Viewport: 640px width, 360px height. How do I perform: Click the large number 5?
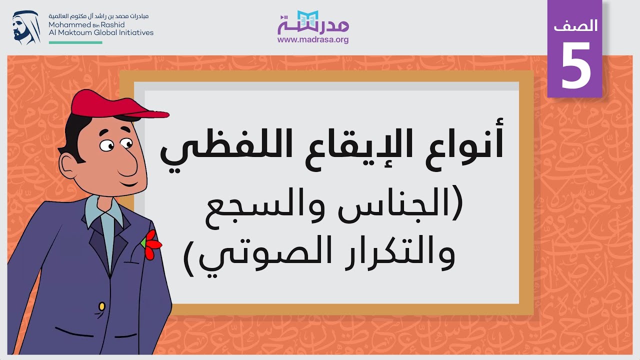[x=575, y=64]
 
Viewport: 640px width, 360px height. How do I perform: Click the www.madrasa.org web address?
[x=313, y=40]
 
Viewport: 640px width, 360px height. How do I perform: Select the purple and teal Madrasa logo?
[x=313, y=22]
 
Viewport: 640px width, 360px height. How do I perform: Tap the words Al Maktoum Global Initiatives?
[x=101, y=32]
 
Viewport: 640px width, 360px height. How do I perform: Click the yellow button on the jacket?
[x=102, y=305]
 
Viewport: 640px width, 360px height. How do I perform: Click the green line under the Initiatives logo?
[x=75, y=42]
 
